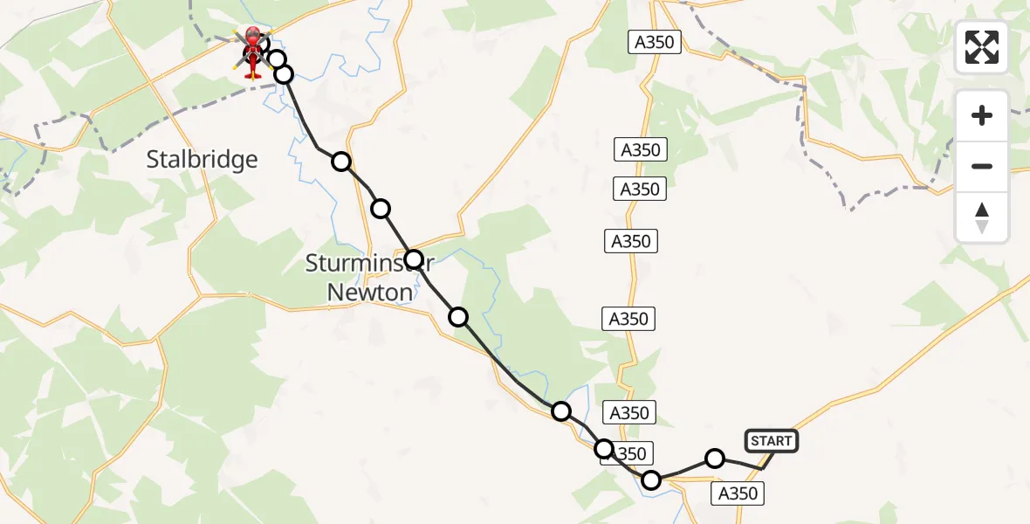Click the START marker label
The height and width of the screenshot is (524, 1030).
point(771,441)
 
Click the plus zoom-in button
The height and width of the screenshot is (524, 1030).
point(982,116)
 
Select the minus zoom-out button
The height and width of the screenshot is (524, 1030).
point(982,166)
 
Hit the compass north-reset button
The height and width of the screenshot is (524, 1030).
point(982,217)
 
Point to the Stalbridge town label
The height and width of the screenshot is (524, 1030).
point(203,159)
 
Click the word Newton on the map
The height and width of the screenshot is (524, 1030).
point(369,293)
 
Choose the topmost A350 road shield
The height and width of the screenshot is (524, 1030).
point(655,42)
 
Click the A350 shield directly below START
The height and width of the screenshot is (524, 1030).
point(737,493)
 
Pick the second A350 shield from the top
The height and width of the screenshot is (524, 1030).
point(641,150)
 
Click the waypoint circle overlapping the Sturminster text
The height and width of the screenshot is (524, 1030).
point(414,259)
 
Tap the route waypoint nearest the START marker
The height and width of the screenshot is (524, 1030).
point(715,458)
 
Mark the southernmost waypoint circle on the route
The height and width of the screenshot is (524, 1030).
point(651,479)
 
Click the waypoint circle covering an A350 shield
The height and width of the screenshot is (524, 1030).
point(604,449)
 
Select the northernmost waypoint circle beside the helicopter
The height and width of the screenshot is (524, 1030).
point(277,59)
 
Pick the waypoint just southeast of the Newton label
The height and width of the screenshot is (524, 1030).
point(458,316)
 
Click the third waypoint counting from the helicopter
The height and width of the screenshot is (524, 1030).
point(341,161)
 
